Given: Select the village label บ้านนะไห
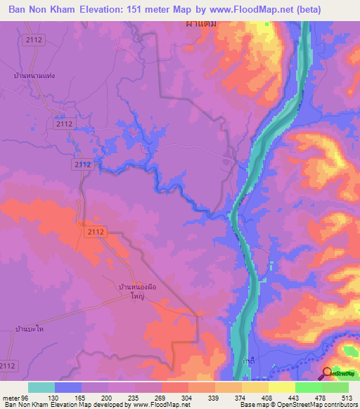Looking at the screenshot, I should tap(30, 329).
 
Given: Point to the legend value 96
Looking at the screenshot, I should tap(27, 397).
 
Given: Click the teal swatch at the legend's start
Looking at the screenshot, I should tap(41, 387).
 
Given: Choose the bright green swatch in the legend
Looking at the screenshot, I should tap(309, 387).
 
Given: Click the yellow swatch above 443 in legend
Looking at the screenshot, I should tap(282, 387).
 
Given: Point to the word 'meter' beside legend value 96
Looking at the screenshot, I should tap(11, 397).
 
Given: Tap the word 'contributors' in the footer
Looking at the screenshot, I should tap(340, 405).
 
